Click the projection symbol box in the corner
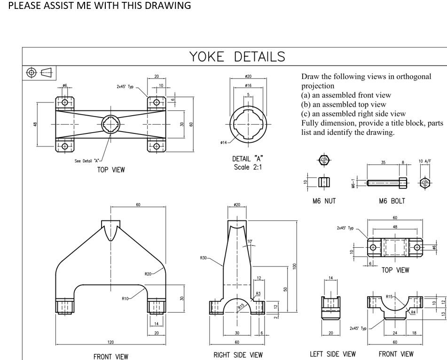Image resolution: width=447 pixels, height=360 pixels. (x=39, y=72)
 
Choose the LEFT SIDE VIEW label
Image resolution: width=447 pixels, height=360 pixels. (x=333, y=353)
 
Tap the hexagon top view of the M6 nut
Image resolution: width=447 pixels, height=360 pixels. (x=323, y=160)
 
